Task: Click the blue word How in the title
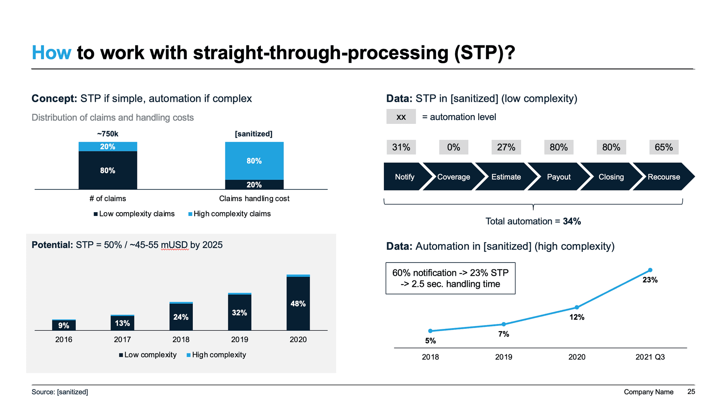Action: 51,53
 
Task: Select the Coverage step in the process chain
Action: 453,177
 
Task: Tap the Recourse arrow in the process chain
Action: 663,177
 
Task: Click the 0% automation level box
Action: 453,147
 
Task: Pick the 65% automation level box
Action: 663,147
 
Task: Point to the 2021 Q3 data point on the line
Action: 650,270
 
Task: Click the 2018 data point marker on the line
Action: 430,331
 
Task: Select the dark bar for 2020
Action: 298,303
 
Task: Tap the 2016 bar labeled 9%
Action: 64,325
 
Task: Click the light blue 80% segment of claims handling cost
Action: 254,161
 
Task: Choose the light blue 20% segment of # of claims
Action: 108,147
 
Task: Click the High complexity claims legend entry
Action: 229,214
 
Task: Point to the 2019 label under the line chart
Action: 503,357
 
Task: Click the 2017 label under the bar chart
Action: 122,339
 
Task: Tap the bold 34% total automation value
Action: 572,221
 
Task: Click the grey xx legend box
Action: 401,117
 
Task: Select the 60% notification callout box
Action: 450,278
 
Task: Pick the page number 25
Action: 691,392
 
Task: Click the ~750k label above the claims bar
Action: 108,134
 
